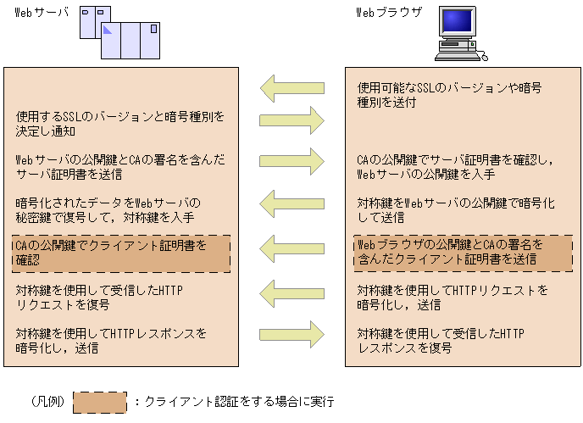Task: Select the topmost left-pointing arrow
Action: [292, 86]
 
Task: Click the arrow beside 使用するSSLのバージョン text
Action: [292, 118]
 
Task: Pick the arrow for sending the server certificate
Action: [292, 160]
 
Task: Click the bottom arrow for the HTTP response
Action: [292, 332]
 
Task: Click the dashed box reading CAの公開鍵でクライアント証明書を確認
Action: [120, 253]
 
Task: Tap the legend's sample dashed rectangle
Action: [99, 403]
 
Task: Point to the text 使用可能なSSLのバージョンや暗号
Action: [449, 87]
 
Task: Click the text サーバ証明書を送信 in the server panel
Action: [69, 174]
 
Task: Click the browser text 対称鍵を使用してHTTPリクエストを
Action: [453, 291]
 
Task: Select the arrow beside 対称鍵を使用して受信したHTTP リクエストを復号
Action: [292, 293]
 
